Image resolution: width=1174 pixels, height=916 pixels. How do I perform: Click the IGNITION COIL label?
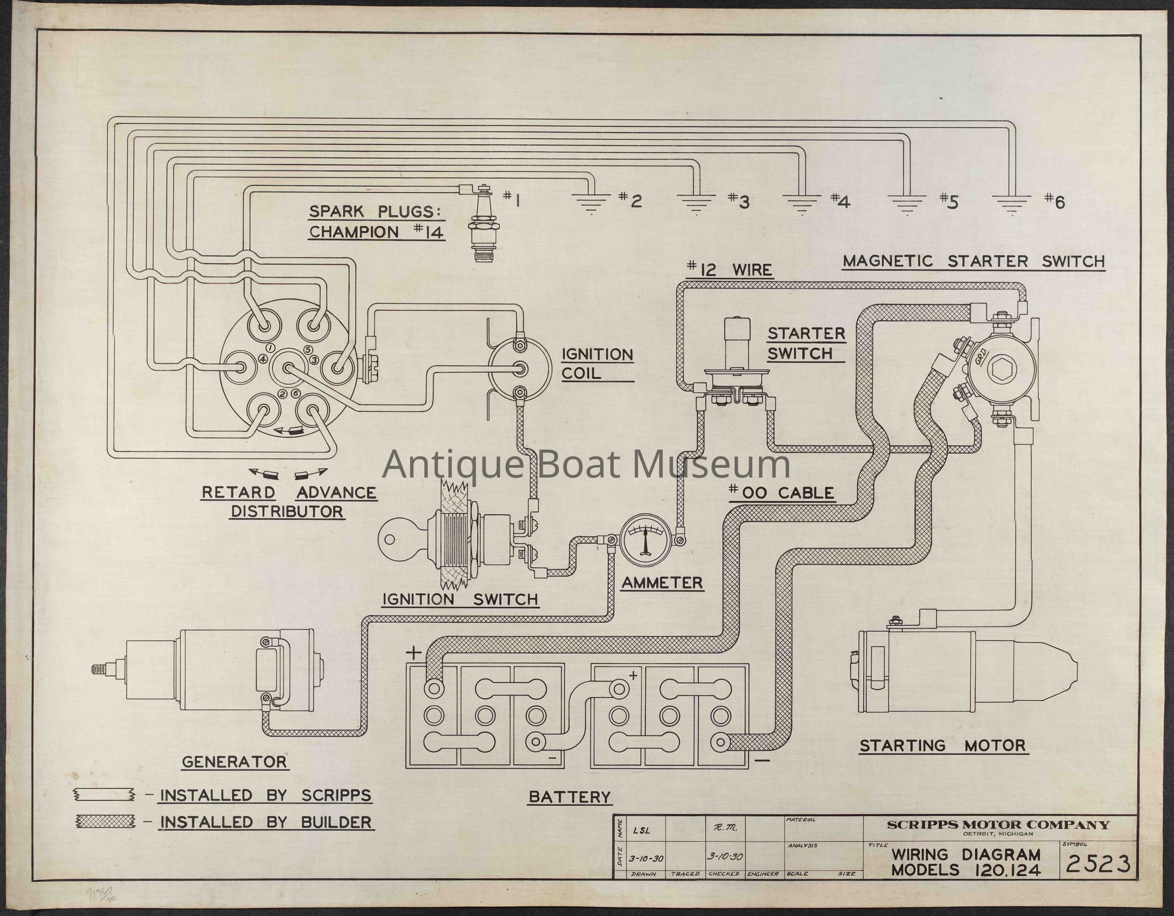click(597, 364)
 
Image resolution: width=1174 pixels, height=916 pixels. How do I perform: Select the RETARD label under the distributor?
click(238, 492)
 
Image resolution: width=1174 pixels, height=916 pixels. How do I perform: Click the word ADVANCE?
click(336, 492)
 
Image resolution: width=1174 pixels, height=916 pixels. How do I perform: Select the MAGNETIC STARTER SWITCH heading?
click(973, 262)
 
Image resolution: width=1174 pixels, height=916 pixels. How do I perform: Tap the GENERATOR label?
click(234, 762)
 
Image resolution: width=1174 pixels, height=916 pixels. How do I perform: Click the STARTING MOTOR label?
click(943, 746)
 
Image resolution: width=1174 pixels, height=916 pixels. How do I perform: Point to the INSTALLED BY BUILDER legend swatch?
click(104, 821)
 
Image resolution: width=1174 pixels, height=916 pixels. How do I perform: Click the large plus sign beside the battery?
click(414, 653)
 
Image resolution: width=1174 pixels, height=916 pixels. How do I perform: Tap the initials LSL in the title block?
click(642, 830)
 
